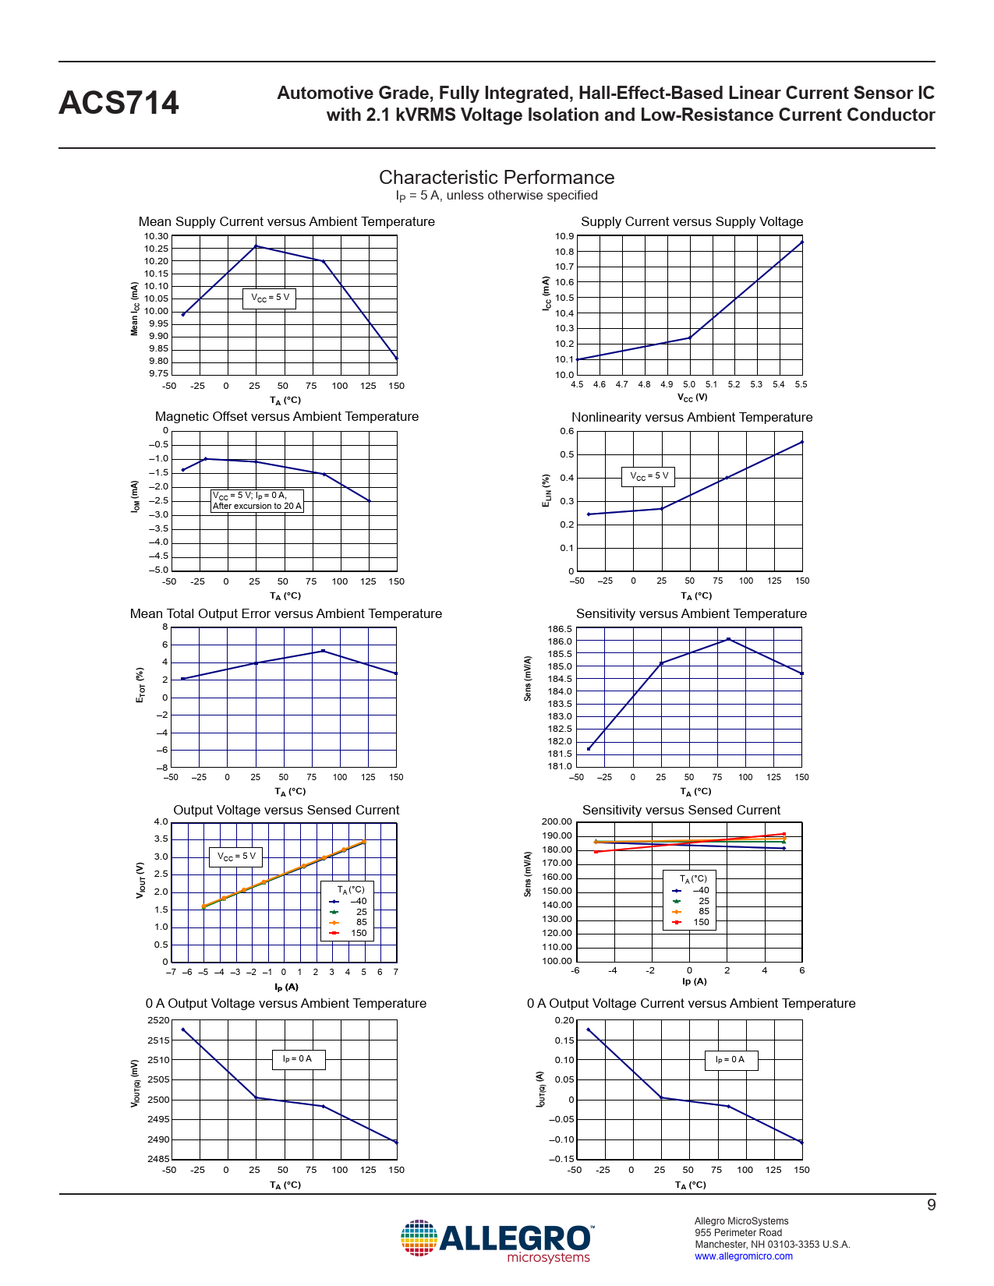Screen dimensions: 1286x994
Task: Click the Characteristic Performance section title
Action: tap(497, 178)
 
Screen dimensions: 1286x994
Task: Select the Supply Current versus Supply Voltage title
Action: tap(692, 222)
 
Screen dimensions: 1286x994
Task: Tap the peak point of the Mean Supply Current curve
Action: tap(256, 246)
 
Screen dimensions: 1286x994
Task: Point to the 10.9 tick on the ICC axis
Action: tap(564, 236)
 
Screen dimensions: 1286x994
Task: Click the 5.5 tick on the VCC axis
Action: tap(801, 384)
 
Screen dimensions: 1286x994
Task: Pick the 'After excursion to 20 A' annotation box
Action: tap(257, 500)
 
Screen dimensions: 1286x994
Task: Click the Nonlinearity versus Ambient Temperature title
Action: tap(692, 418)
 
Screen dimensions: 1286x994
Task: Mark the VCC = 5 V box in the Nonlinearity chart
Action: tap(649, 476)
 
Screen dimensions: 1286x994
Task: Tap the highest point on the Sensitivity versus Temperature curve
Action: tap(728, 639)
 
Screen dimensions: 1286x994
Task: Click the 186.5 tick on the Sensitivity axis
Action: tap(560, 629)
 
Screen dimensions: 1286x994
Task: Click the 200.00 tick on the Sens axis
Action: tap(557, 821)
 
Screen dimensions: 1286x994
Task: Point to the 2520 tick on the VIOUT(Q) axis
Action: tap(158, 1020)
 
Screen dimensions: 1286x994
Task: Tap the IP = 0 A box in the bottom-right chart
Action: tap(730, 1060)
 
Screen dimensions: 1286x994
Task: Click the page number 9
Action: tap(931, 1206)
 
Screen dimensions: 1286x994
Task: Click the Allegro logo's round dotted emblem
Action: tap(419, 1238)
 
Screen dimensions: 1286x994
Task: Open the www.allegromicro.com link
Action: tap(743, 1256)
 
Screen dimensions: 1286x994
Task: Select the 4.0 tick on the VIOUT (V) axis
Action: tap(161, 821)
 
